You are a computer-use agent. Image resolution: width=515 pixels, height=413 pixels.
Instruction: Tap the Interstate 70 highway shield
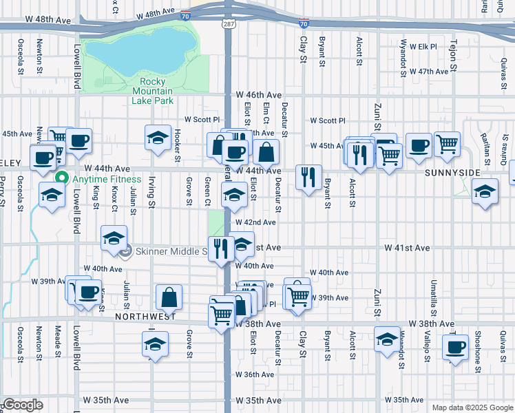[304, 23]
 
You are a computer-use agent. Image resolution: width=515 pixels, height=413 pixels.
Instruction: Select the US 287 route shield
[227, 23]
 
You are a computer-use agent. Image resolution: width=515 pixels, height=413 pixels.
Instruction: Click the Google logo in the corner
[22, 405]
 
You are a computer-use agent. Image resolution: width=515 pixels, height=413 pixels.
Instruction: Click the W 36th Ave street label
[254, 375]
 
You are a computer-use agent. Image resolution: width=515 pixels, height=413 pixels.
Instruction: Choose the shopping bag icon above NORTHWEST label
[169, 297]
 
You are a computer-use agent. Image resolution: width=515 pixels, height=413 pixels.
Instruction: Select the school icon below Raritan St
[485, 191]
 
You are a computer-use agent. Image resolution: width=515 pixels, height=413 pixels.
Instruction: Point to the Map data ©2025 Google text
[472, 407]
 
